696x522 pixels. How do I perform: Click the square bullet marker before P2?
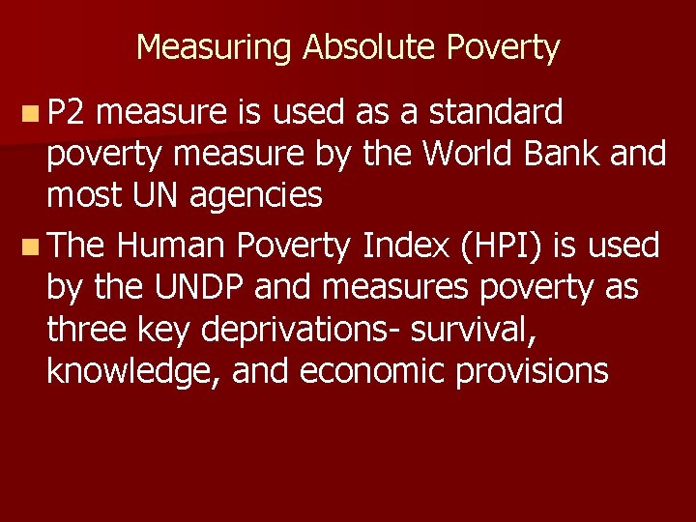pos(31,113)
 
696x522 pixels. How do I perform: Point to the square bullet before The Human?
pos(31,246)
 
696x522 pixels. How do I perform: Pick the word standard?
pos(496,112)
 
